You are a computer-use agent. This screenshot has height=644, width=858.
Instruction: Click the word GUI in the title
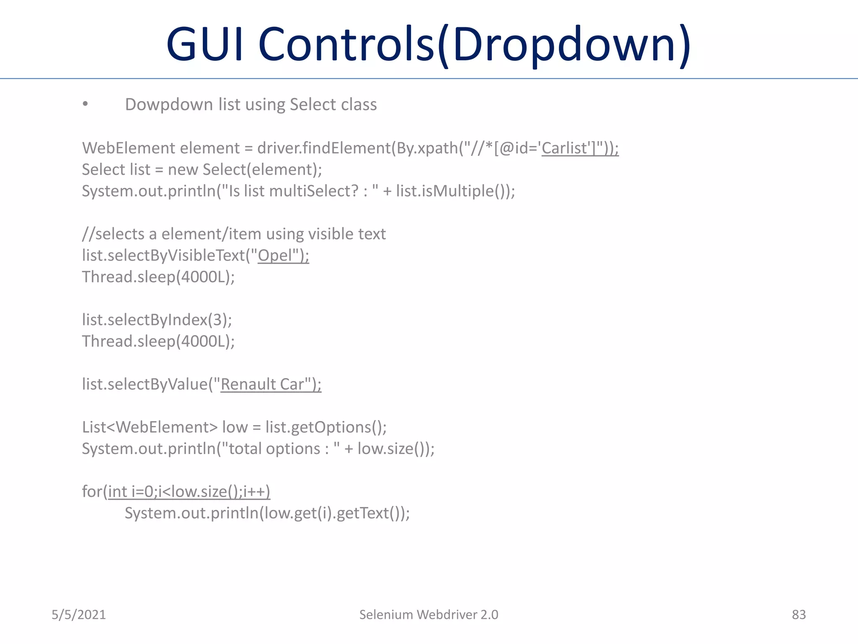(x=205, y=44)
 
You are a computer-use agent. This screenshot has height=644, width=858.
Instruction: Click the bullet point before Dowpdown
(x=85, y=104)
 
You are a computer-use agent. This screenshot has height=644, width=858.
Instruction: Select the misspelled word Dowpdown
(x=169, y=105)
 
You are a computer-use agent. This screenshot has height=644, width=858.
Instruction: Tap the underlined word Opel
(x=274, y=255)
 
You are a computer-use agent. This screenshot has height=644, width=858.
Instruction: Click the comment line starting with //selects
(x=234, y=234)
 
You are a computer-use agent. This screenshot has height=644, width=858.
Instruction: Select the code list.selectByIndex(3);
(x=157, y=320)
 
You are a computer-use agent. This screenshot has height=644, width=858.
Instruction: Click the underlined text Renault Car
(x=262, y=384)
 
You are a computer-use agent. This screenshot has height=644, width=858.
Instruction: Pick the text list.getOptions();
(x=326, y=427)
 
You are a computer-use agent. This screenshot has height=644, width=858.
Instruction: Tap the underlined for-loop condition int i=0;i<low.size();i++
(x=189, y=492)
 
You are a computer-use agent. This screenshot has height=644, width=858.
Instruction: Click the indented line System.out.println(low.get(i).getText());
(x=267, y=513)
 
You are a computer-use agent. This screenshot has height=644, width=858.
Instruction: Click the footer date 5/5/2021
(x=79, y=615)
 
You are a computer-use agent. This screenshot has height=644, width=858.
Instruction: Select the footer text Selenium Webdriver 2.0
(x=429, y=615)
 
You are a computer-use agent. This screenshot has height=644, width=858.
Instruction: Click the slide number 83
(x=799, y=615)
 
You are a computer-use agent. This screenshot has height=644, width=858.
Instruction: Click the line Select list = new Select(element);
(x=202, y=170)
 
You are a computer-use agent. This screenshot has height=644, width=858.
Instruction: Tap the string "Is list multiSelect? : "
(x=299, y=191)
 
